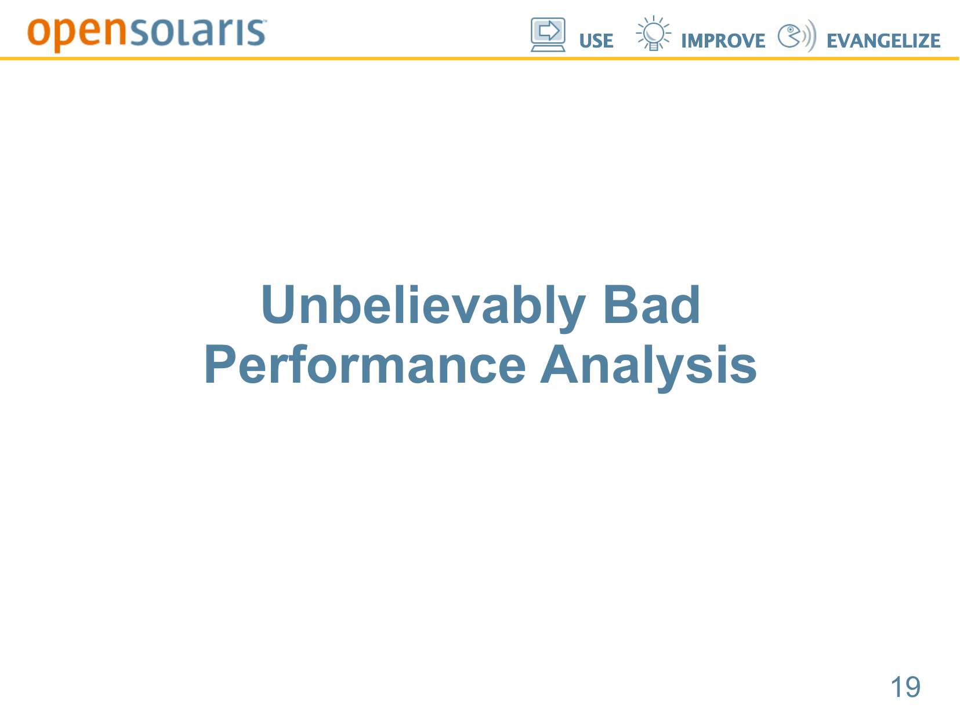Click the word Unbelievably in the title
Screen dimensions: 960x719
click(x=423, y=307)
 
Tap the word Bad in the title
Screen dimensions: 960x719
click(x=651, y=304)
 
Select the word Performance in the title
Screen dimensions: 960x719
click(x=365, y=365)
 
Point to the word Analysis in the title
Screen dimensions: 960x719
click(x=649, y=367)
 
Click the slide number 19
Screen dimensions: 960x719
click(x=905, y=687)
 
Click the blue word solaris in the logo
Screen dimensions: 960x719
click(x=198, y=32)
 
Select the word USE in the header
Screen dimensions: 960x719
click(x=596, y=41)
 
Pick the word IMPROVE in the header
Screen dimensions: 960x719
click(x=723, y=41)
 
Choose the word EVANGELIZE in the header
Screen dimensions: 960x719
click(x=883, y=41)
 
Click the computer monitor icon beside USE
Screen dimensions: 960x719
click(x=548, y=35)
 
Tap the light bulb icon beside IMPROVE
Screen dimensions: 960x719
click(x=653, y=33)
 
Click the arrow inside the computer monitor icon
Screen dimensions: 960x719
click(x=549, y=31)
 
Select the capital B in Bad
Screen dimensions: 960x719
click(x=620, y=304)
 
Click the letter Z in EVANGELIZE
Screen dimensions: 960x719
click(x=921, y=41)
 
